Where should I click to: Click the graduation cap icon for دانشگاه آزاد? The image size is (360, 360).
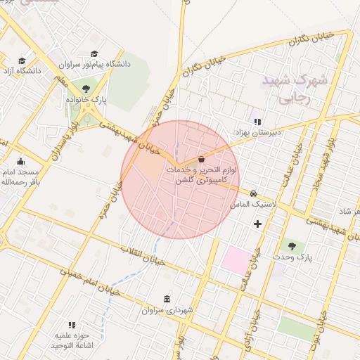[x=22, y=61]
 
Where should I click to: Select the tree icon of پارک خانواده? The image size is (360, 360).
[x=86, y=89]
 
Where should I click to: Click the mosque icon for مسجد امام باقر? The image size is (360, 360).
[x=20, y=161]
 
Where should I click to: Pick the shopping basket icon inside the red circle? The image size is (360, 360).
[x=202, y=159]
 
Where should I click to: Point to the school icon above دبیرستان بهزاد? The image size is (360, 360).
[x=257, y=121]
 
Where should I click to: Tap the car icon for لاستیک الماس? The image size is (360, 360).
[x=253, y=193]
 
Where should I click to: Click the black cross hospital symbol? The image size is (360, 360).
[x=257, y=224]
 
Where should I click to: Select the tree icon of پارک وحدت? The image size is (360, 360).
[x=292, y=245]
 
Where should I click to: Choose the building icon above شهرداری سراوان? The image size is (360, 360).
[x=166, y=299]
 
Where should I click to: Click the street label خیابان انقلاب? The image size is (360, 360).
[x=143, y=255]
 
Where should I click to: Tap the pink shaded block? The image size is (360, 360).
[x=236, y=260]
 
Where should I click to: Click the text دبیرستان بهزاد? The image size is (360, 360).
[x=257, y=132]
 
